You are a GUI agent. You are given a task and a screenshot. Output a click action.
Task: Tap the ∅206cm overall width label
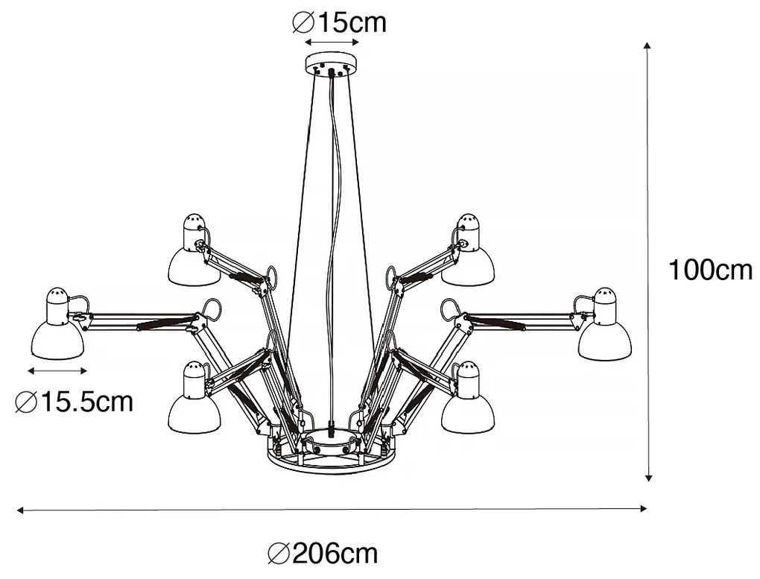coord(323,554)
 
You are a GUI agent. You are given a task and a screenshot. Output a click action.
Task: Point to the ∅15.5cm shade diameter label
coord(74,402)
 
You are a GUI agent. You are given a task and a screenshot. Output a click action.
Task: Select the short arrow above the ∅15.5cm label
coord(57,370)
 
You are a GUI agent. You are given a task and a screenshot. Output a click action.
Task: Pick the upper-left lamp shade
coord(194,266)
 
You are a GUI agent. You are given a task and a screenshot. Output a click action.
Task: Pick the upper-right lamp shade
coord(468,266)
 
